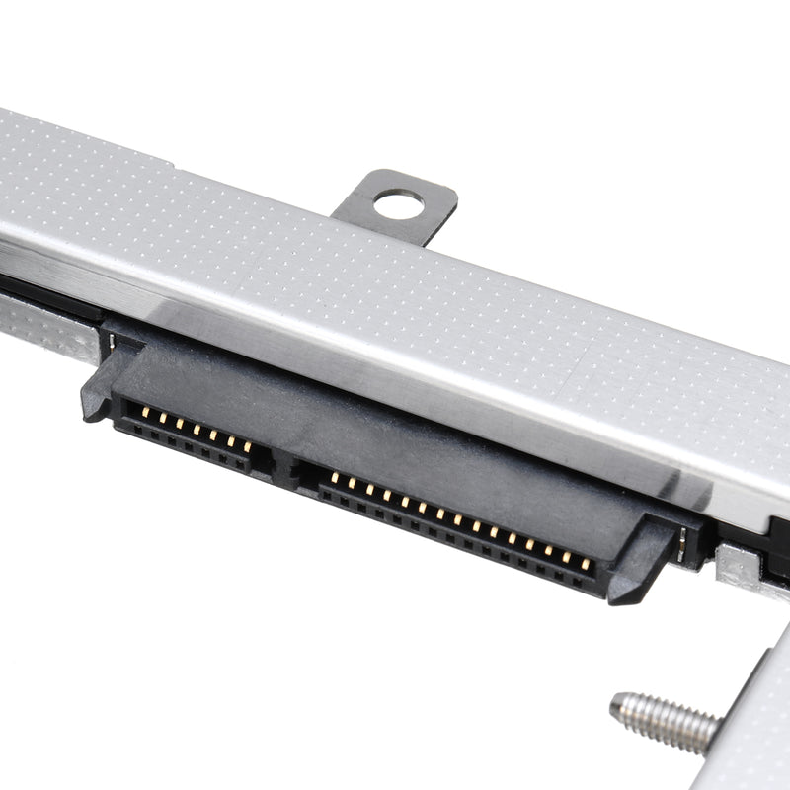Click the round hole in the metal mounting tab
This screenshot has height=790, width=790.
[398, 205]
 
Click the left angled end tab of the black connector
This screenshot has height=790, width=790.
[99, 390]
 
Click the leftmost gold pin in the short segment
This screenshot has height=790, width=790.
[144, 410]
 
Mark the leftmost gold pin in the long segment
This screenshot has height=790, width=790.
[334, 478]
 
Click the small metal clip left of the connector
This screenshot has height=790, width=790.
[111, 342]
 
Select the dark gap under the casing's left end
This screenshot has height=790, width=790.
[39, 292]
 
